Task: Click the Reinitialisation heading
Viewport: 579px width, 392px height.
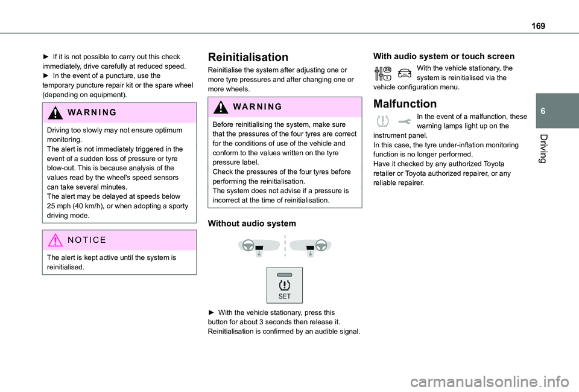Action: point(247,57)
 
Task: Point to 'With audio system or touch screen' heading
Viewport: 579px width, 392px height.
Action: point(444,56)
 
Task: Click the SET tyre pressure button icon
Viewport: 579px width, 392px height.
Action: point(285,285)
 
